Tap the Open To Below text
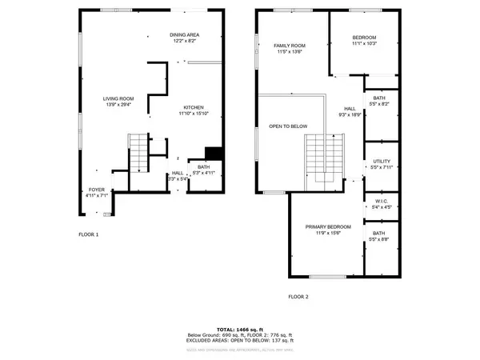[288, 126]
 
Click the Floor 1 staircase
[138, 152]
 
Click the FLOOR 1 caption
[88, 234]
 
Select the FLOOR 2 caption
[298, 296]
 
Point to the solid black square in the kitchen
[214, 154]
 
